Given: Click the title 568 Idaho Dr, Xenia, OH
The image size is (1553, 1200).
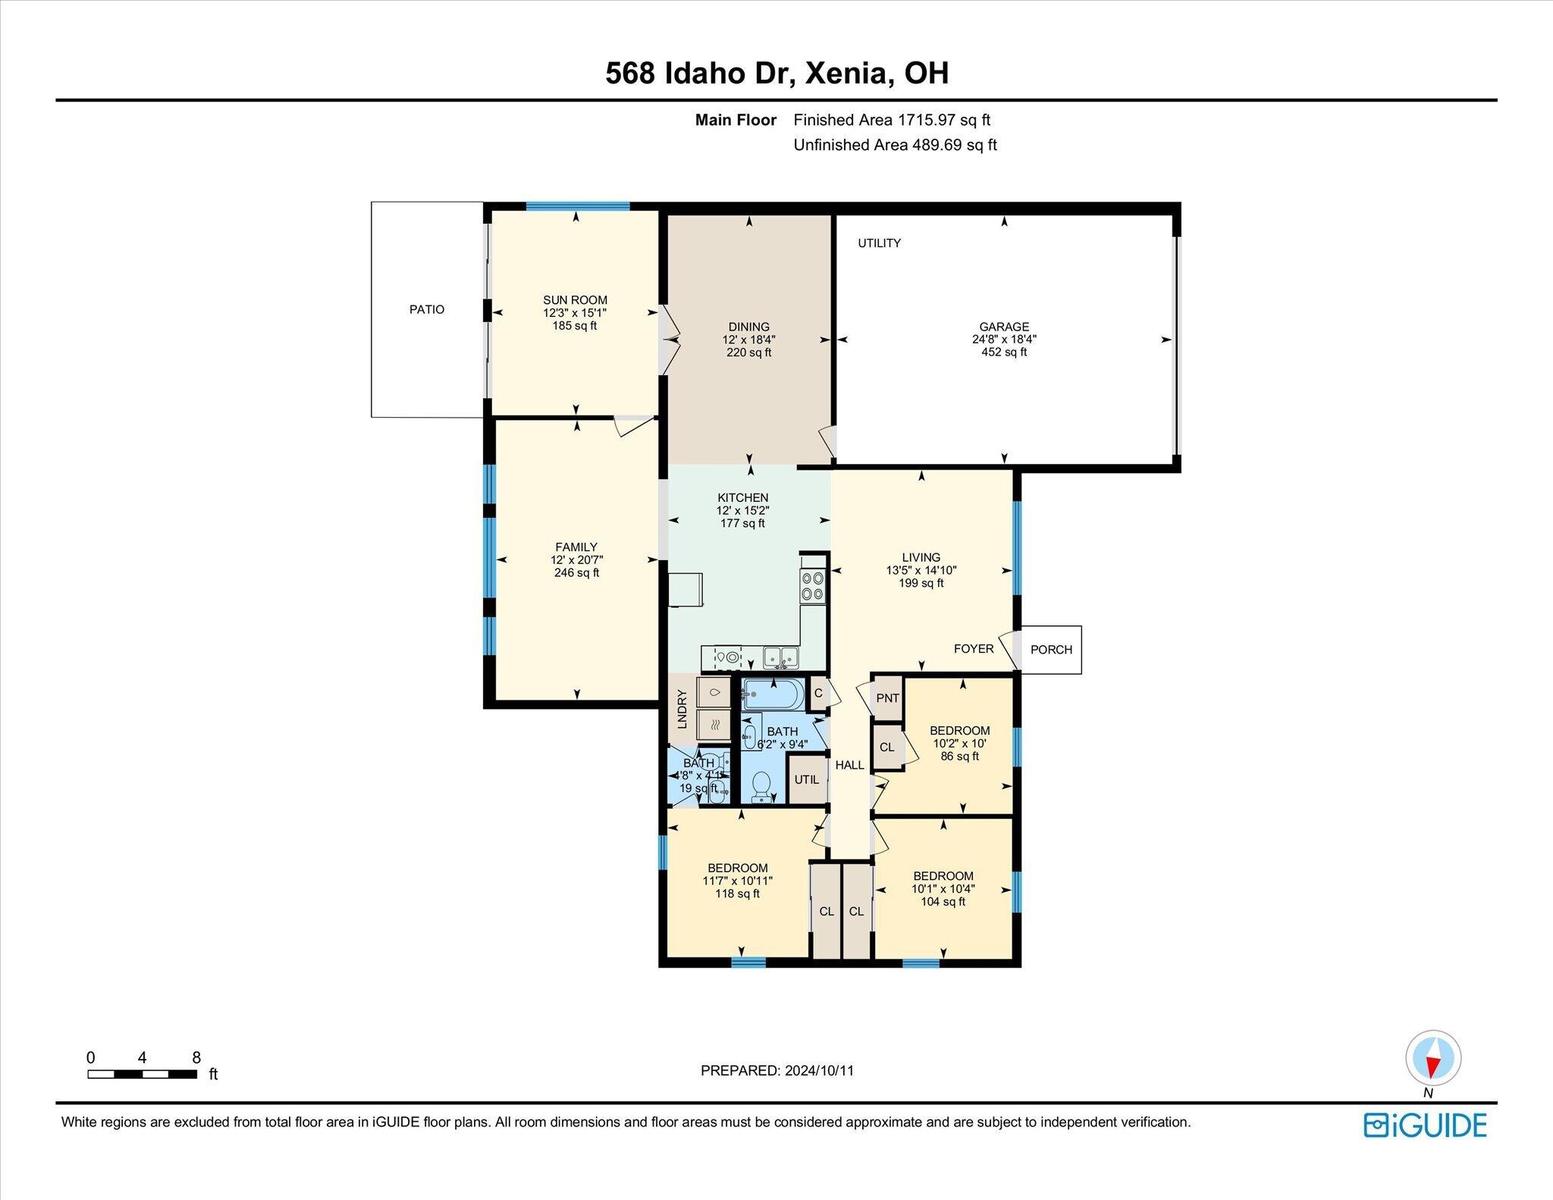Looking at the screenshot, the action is pos(776,74).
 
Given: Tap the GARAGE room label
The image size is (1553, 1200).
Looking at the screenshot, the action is pos(1004,327).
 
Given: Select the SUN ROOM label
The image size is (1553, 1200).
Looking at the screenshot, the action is pos(575,299).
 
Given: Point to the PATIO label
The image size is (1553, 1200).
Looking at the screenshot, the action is pos(427,309).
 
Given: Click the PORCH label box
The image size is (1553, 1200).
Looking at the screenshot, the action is pos(1051,650).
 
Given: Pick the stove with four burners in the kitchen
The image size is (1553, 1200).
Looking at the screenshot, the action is pos(813,585).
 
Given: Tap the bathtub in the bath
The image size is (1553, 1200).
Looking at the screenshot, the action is pos(771,694).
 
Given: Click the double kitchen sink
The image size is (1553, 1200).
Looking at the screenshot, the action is pos(781,657).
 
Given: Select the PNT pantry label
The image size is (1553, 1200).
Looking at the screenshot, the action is pos(887,698).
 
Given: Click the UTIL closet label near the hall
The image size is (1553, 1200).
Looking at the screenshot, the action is pos(806,779).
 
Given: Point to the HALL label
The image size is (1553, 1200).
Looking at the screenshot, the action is pos(849,765).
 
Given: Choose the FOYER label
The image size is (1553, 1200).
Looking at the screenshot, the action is pos(974,649).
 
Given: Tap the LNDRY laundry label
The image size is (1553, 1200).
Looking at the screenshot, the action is pos(682,709).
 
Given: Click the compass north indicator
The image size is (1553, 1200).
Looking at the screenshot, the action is pos(1432,1058).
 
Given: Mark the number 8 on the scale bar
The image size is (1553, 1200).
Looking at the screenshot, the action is pos(196,1057).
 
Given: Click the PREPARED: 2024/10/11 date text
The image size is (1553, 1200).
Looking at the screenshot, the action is pos(777,1070).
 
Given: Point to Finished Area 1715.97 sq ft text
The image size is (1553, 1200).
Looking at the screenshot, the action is pos(892,120).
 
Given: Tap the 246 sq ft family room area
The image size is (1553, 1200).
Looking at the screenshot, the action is pos(576,573).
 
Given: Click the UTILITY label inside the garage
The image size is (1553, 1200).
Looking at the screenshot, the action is pos(879,243).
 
